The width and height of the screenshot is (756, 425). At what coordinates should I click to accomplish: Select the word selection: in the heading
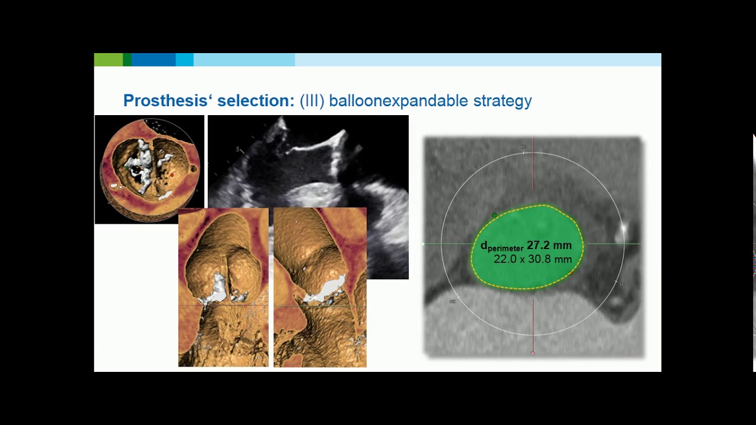coord(256,101)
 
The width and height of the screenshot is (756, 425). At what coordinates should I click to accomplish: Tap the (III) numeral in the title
coord(312,101)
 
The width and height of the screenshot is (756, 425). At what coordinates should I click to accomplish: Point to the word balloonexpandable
coord(399,101)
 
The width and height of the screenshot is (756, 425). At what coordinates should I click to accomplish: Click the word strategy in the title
coord(503,101)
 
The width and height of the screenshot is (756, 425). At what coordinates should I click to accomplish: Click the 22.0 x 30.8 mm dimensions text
coord(532,259)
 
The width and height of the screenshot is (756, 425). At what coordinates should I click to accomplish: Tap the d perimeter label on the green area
coord(501,247)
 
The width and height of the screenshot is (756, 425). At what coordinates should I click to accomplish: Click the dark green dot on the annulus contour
coord(494,215)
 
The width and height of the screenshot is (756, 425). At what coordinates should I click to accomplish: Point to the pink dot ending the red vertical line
coord(533,353)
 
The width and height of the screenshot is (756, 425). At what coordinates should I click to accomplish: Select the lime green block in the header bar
coord(108,60)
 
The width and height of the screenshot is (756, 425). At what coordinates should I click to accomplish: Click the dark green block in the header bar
coord(127,60)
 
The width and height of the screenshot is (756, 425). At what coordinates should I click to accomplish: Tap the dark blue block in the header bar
coord(153,60)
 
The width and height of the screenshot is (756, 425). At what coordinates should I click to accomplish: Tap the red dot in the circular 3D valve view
coord(172,175)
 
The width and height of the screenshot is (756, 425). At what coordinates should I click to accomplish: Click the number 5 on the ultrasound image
coord(238,149)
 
